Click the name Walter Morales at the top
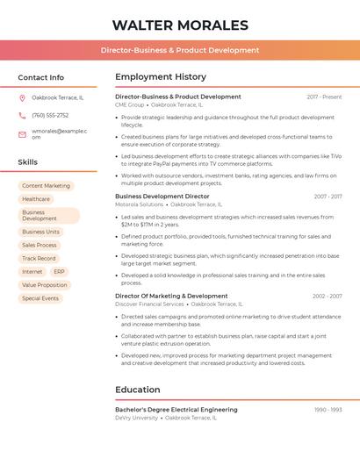point(180,25)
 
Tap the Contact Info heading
point(40,77)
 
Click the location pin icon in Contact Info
point(22,97)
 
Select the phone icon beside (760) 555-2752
point(22,115)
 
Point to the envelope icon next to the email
point(22,133)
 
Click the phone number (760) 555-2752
point(50,115)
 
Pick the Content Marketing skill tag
point(46,186)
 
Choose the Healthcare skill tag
point(36,199)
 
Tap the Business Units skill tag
point(40,232)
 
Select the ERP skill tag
point(59,272)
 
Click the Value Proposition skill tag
point(45,285)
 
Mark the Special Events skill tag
point(40,298)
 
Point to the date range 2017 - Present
point(324,97)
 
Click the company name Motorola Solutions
point(139,204)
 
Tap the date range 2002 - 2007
point(327,297)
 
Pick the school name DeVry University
point(136,418)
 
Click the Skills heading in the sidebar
point(28,162)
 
